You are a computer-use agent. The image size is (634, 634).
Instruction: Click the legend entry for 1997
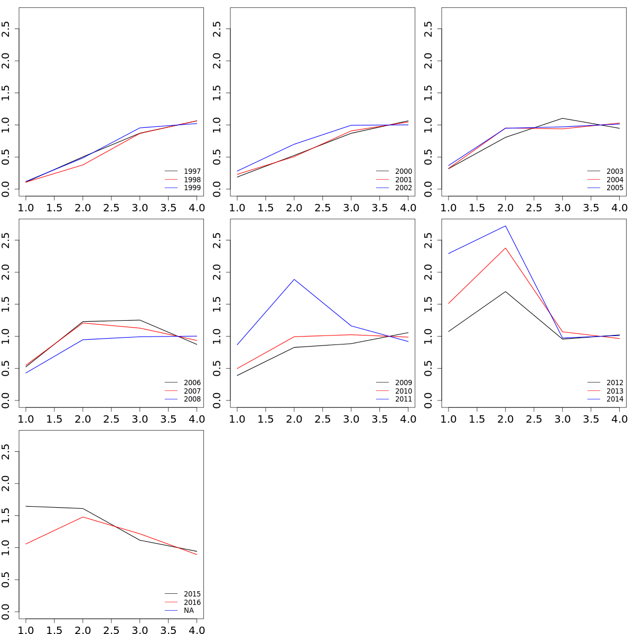(x=192, y=171)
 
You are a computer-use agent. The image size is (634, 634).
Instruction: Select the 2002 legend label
(x=403, y=188)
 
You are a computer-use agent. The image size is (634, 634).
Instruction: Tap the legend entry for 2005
(x=614, y=188)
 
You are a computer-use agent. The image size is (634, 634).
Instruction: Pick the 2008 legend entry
(x=192, y=399)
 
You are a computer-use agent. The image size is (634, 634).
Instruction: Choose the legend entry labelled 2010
(x=403, y=391)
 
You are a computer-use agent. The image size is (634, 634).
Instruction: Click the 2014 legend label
(x=614, y=399)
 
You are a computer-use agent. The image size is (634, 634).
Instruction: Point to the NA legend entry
(x=189, y=611)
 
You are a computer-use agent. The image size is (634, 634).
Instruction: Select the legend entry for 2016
(x=192, y=602)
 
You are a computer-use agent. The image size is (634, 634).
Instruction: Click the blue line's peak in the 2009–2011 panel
(x=294, y=279)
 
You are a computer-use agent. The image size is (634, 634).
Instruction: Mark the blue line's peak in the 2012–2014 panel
(x=506, y=226)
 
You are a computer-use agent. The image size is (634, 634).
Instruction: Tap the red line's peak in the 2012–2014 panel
(x=506, y=248)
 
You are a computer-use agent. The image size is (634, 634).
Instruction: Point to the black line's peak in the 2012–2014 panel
(x=506, y=292)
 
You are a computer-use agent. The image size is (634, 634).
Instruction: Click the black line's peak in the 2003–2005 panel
(x=562, y=118)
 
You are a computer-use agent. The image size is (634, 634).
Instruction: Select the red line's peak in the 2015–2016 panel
(x=83, y=517)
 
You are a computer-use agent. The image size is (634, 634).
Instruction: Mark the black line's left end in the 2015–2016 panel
(x=26, y=506)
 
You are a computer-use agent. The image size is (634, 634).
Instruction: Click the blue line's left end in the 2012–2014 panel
(x=449, y=254)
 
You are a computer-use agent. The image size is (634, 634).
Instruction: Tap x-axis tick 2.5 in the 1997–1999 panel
(x=111, y=208)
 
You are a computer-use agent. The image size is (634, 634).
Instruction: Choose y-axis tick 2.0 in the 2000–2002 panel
(x=217, y=61)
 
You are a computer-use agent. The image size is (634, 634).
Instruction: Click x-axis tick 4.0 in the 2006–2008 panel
(x=197, y=419)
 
